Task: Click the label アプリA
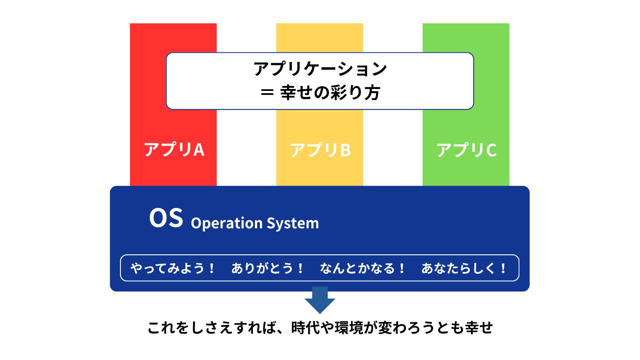tap(174, 149)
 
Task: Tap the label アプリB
tap(320, 150)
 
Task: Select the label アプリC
tap(467, 150)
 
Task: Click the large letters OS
tap(166, 218)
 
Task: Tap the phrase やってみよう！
tap(173, 268)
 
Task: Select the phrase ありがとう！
tap(268, 268)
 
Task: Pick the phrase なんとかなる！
tap(362, 268)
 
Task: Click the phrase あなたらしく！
tap(464, 268)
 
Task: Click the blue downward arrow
tap(320, 300)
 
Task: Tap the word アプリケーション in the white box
tap(320, 69)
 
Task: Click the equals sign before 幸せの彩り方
tap(267, 93)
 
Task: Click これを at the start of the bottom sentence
tap(169, 328)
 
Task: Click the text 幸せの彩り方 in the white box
tap(330, 93)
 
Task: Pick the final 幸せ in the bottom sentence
tap(479, 328)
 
